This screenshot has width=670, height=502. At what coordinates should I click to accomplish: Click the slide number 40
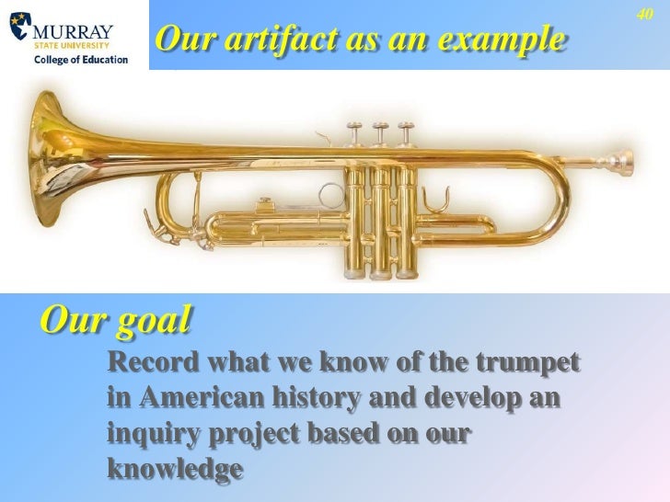click(644, 15)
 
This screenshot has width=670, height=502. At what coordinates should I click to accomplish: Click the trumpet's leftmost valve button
click(352, 126)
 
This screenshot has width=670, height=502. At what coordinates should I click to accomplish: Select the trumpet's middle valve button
click(379, 126)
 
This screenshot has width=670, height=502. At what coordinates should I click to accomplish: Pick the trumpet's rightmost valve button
click(405, 126)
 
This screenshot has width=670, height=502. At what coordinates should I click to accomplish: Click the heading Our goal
click(116, 321)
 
